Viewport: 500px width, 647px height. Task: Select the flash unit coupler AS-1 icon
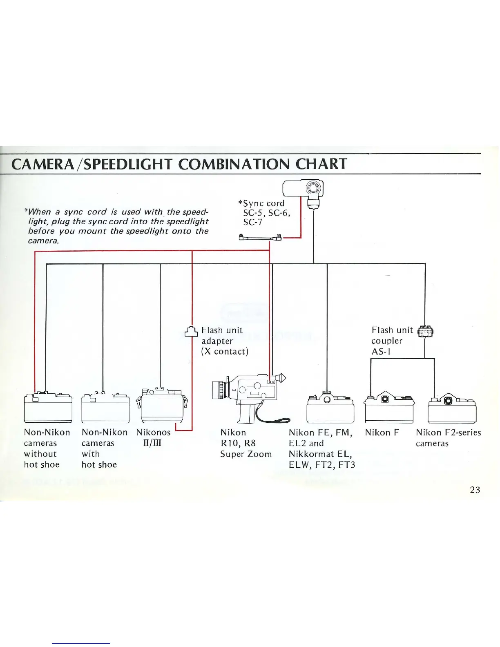click(x=425, y=331)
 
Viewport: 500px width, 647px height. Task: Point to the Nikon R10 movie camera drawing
click(x=249, y=396)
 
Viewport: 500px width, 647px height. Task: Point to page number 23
click(x=475, y=490)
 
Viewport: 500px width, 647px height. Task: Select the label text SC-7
click(x=252, y=222)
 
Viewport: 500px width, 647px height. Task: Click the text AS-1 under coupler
click(x=381, y=351)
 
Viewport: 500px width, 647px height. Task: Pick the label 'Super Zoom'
click(x=246, y=454)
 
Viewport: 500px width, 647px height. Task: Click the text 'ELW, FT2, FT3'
click(x=321, y=464)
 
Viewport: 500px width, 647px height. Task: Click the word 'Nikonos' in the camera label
click(x=153, y=432)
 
